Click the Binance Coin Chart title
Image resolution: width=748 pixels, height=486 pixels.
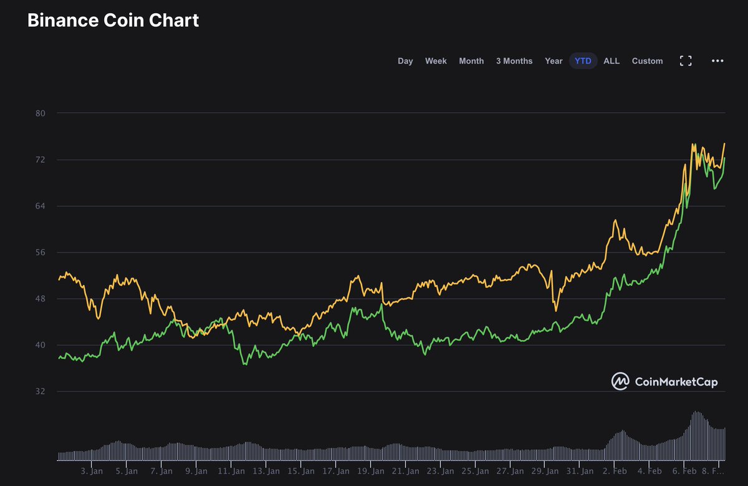pyautogui.click(x=113, y=20)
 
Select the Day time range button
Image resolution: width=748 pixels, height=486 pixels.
pyautogui.click(x=405, y=61)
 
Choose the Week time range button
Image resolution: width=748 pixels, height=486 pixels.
pyautogui.click(x=436, y=61)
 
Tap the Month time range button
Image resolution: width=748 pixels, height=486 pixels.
pyautogui.click(x=471, y=61)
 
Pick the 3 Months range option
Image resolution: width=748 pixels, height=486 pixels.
pyautogui.click(x=514, y=61)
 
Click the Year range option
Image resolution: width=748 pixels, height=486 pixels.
pyautogui.click(x=554, y=61)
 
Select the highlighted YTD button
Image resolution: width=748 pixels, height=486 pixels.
pyautogui.click(x=583, y=61)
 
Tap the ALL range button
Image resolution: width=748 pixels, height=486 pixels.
pyautogui.click(x=611, y=61)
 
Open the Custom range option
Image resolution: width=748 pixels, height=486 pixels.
pyautogui.click(x=647, y=61)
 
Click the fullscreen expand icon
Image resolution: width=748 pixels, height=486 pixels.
pyautogui.click(x=686, y=61)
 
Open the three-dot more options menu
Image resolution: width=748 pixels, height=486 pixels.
pyautogui.click(x=717, y=61)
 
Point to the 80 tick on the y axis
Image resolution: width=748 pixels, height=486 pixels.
pyautogui.click(x=41, y=113)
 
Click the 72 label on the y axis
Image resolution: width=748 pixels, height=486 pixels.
pyautogui.click(x=41, y=160)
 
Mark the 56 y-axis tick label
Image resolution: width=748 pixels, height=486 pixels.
pyautogui.click(x=41, y=253)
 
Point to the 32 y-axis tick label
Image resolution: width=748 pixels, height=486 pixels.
pyautogui.click(x=41, y=392)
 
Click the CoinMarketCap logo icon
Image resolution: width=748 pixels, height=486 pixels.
pyautogui.click(x=620, y=381)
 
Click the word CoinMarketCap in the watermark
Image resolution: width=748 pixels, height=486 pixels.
pyautogui.click(x=676, y=381)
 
